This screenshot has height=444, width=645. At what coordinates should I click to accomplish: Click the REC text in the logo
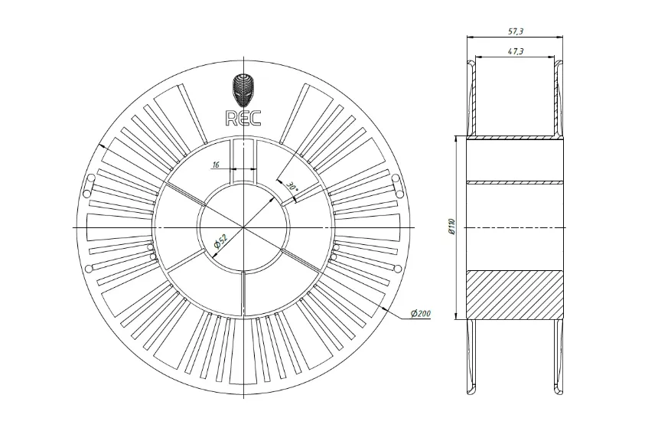243,117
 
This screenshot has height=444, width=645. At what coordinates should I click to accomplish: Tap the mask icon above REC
243,90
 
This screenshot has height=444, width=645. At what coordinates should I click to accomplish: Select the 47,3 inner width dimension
515,51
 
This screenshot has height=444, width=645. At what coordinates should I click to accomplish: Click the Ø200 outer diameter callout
420,315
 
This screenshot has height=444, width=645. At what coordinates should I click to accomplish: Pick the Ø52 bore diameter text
219,241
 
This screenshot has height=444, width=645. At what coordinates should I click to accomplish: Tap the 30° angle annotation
291,186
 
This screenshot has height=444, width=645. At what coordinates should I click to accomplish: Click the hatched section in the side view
515,295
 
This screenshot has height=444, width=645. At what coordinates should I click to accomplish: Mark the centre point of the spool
243,228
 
